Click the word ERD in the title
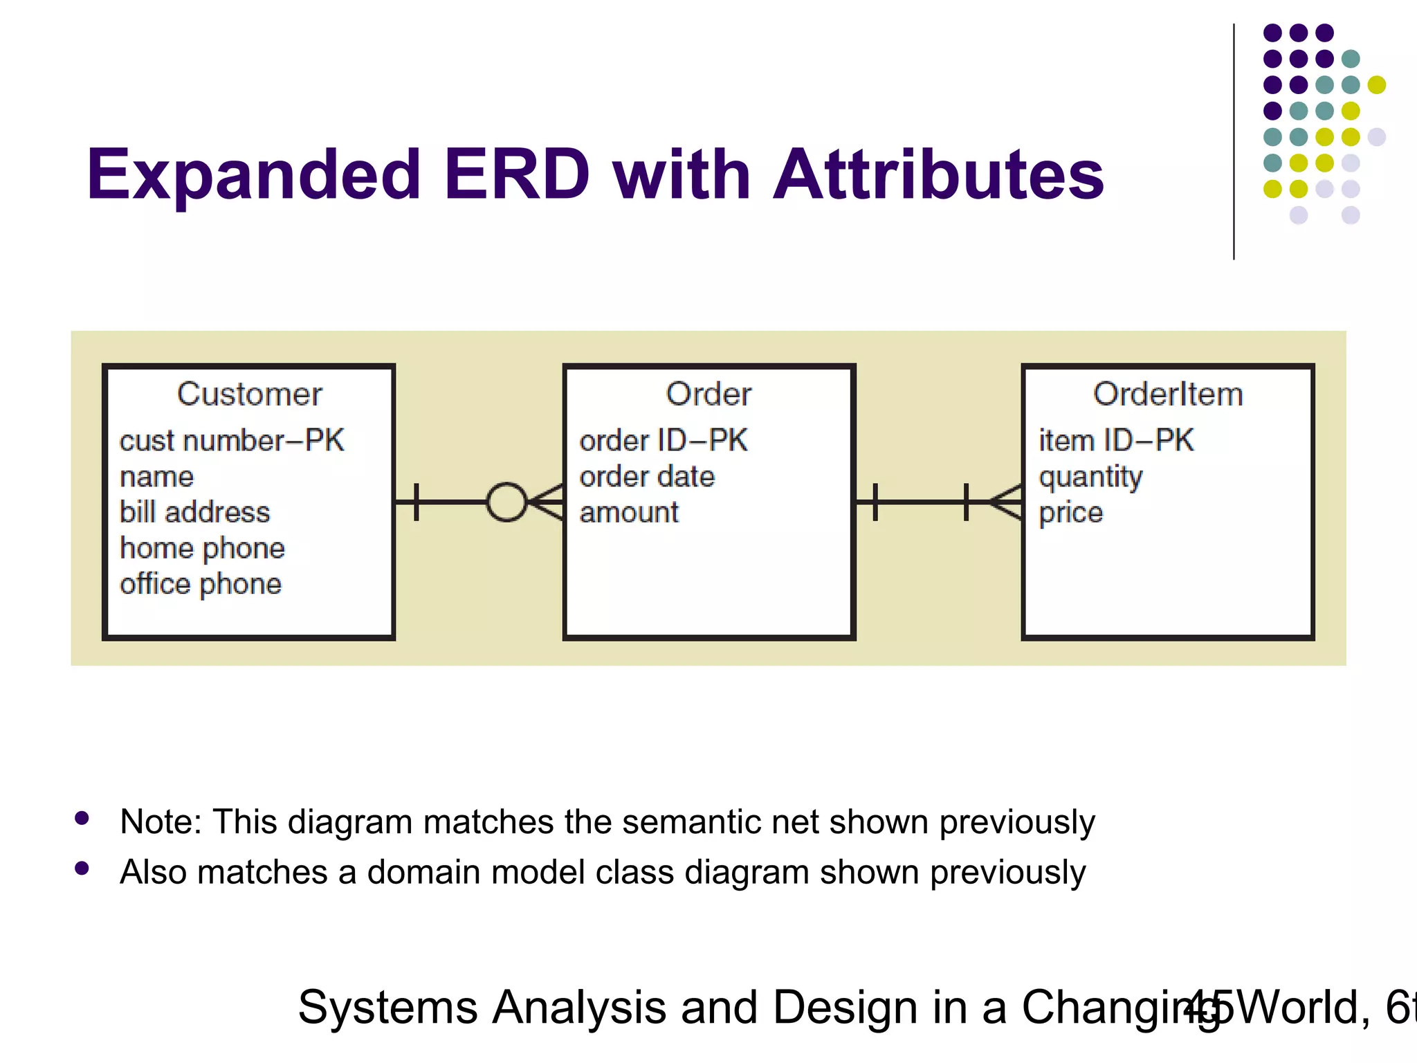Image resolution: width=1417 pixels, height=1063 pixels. [x=517, y=175]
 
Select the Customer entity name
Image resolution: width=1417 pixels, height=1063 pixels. [x=249, y=394]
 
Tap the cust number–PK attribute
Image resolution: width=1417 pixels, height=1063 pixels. [x=231, y=441]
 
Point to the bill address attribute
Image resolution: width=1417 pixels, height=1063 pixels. [x=194, y=512]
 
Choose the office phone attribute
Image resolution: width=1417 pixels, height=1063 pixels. [x=201, y=584]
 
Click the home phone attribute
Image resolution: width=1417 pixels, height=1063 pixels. [x=202, y=548]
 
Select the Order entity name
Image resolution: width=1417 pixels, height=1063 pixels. [x=708, y=394]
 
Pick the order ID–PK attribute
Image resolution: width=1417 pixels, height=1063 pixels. [x=663, y=441]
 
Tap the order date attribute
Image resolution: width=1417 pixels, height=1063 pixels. [x=646, y=477]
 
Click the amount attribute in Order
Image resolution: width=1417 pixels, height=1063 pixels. [x=628, y=513]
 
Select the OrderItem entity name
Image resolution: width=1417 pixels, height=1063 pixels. [x=1168, y=394]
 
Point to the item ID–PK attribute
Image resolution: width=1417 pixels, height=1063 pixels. [x=1115, y=441]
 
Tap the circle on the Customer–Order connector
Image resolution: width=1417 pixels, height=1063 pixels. [x=506, y=502]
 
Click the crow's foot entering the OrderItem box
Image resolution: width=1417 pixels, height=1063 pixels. [x=1007, y=502]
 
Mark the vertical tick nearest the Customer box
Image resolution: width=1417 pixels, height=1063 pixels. [x=416, y=502]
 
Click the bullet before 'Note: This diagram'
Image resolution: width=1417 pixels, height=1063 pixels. [x=82, y=819]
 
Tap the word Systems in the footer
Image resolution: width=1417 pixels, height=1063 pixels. [x=387, y=1008]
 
